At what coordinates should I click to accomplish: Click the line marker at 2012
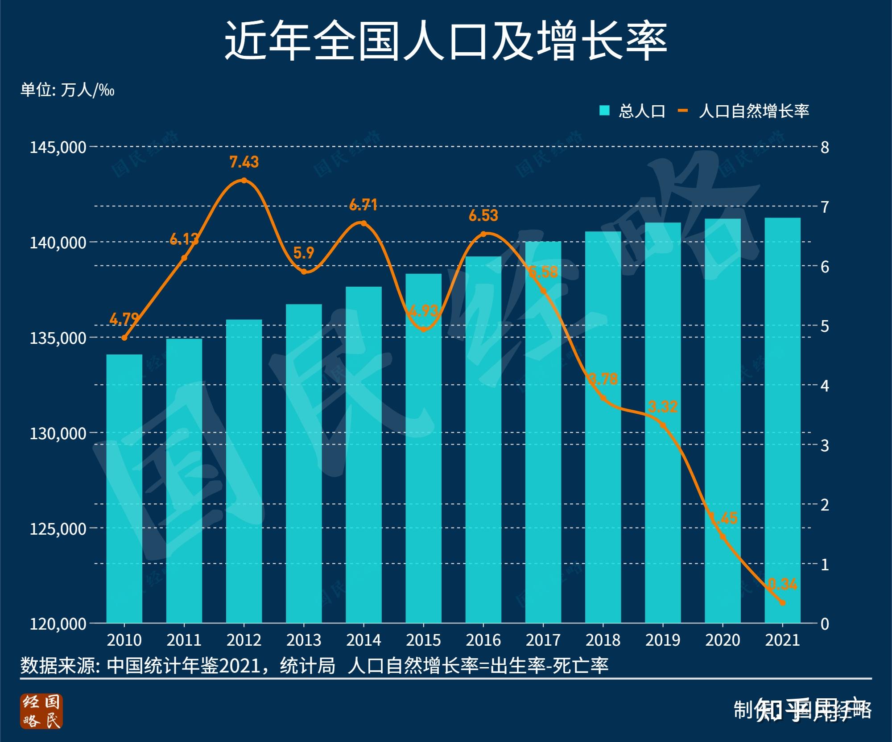click(x=244, y=181)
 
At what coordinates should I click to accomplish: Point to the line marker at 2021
click(x=782, y=602)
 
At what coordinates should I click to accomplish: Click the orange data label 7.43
click(x=244, y=162)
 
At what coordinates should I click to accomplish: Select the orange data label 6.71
click(x=363, y=205)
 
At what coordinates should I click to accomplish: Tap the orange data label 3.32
click(x=663, y=407)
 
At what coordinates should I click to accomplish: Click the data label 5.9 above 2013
click(x=304, y=253)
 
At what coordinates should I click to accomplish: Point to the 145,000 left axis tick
click(x=58, y=147)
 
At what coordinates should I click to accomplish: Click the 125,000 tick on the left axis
click(x=58, y=528)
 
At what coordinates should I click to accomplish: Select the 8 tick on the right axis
click(x=825, y=147)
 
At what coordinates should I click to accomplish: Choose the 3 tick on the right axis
click(x=825, y=445)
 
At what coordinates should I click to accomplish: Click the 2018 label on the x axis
click(x=603, y=640)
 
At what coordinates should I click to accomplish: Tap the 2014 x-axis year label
click(x=363, y=640)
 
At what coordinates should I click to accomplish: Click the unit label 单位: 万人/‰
click(x=67, y=90)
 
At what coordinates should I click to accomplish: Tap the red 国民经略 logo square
click(x=41, y=711)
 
